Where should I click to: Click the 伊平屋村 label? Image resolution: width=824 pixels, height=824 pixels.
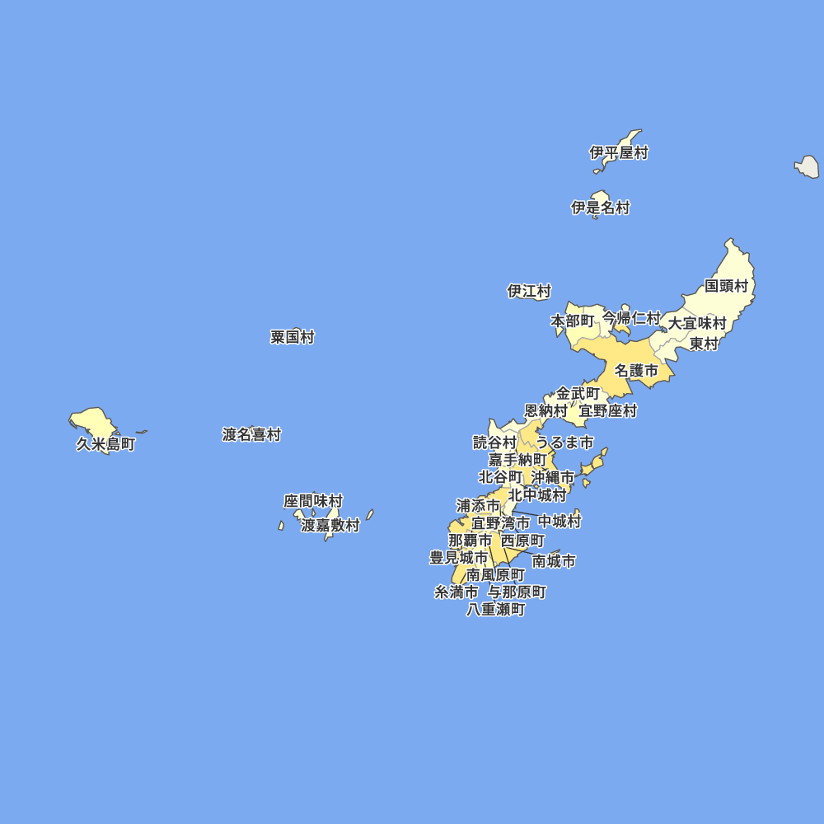(x=619, y=152)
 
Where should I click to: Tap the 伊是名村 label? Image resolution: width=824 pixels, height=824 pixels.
(x=601, y=208)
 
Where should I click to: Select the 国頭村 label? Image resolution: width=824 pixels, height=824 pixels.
(x=726, y=286)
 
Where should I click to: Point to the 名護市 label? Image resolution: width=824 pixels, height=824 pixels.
(x=636, y=371)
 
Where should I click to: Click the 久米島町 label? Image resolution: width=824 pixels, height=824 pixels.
(x=105, y=444)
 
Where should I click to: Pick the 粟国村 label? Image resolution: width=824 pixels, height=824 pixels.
(x=293, y=337)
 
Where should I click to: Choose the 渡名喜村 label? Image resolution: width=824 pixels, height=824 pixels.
(x=251, y=434)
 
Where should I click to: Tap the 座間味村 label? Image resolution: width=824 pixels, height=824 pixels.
(x=313, y=501)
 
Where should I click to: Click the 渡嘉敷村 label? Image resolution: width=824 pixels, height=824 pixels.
(x=330, y=525)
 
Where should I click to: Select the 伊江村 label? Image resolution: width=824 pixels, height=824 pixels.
(x=529, y=291)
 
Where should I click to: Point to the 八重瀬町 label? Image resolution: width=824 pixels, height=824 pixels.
(x=495, y=610)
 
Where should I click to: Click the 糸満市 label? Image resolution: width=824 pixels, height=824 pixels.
(x=456, y=592)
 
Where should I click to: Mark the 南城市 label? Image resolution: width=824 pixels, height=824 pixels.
(x=554, y=561)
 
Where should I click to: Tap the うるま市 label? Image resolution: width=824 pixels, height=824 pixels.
(x=564, y=442)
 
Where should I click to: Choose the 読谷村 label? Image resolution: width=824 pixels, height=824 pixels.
(x=494, y=442)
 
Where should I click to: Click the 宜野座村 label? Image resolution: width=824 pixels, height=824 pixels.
(x=607, y=410)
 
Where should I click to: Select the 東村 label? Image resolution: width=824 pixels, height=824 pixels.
(x=704, y=344)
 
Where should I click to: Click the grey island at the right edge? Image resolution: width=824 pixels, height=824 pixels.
(x=808, y=167)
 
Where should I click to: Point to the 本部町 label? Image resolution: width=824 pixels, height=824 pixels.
(x=572, y=320)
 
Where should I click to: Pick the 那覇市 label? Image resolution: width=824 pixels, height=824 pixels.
(x=470, y=541)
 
